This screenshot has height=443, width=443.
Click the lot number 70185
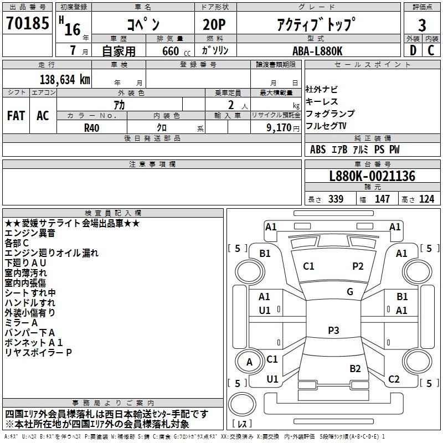(x=27, y=23)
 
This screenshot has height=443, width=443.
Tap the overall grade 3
(x=422, y=25)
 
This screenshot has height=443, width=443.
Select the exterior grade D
(x=413, y=50)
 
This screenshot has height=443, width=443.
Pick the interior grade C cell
(x=431, y=50)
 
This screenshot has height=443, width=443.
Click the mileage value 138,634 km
(x=65, y=80)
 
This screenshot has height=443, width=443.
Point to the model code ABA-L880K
(x=317, y=51)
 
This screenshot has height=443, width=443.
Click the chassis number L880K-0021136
(x=372, y=176)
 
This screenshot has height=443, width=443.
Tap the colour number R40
(x=91, y=128)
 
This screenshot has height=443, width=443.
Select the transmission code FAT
(x=16, y=116)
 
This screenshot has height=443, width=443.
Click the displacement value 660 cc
(x=176, y=51)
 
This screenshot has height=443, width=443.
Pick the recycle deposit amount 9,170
(x=279, y=128)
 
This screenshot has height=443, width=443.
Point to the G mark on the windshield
(x=350, y=292)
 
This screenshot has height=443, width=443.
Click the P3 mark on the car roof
(x=333, y=330)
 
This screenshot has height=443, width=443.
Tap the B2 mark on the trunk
(x=355, y=369)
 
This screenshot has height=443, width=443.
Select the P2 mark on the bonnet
(x=358, y=266)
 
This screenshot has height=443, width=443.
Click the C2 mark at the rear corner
(x=394, y=379)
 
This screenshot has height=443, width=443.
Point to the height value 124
(x=426, y=199)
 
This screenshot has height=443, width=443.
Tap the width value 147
(x=382, y=199)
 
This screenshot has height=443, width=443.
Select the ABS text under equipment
(x=318, y=150)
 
